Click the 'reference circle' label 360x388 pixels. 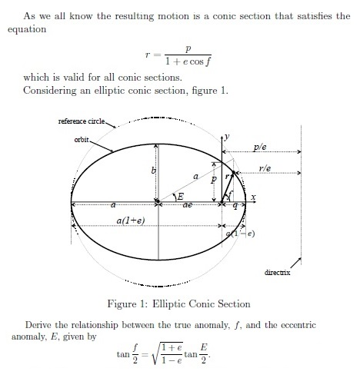(x=85, y=122)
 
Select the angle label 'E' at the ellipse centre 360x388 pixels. (x=180, y=197)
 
